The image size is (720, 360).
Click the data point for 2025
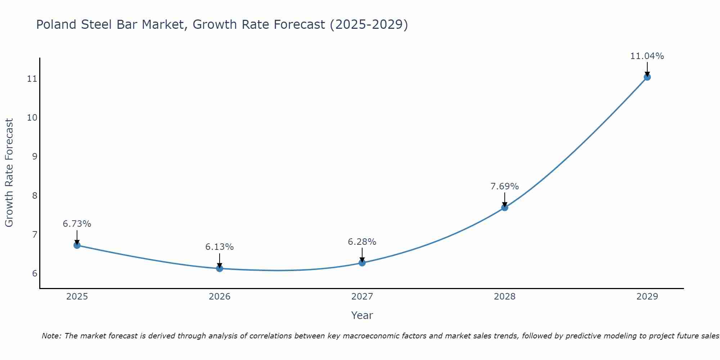(x=77, y=245)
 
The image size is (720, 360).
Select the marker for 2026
(x=220, y=268)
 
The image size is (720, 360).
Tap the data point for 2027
(x=362, y=263)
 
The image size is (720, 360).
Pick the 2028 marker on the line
(x=505, y=207)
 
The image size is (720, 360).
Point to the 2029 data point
(x=647, y=77)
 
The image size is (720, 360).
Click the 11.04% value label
(x=647, y=56)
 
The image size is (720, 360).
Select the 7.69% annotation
(x=505, y=186)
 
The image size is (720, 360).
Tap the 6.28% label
(x=362, y=242)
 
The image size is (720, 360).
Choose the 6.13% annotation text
(x=220, y=247)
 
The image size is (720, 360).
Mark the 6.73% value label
(x=77, y=224)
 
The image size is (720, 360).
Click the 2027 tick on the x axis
(x=362, y=297)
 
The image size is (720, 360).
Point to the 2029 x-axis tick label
(x=647, y=297)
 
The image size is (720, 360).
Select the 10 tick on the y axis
(x=32, y=118)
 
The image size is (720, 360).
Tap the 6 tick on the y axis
(x=35, y=274)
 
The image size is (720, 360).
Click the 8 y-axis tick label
(x=35, y=196)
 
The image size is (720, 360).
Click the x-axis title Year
(x=362, y=315)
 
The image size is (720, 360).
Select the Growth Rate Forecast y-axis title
(x=9, y=173)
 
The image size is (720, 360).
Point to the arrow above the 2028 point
(x=505, y=199)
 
